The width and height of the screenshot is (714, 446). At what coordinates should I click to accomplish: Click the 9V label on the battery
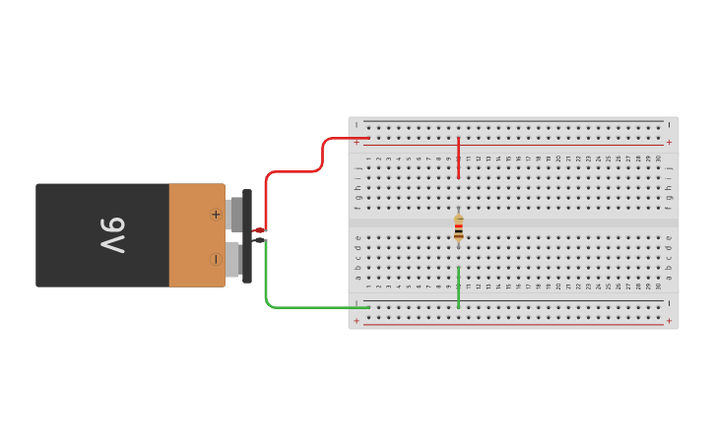click(113, 235)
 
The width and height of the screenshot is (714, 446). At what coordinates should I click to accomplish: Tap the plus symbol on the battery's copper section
click(216, 214)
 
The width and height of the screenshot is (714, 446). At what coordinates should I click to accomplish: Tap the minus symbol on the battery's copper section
click(216, 259)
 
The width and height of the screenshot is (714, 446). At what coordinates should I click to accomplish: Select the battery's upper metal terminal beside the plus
click(234, 214)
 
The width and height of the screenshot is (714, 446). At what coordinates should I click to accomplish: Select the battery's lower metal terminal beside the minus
click(234, 260)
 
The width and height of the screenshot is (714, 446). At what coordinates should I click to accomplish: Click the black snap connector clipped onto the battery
click(247, 236)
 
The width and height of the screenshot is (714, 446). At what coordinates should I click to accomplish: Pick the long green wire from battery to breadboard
click(295, 307)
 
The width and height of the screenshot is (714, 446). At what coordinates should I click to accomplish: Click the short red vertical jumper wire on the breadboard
click(458, 158)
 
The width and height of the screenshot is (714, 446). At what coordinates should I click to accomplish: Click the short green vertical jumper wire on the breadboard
click(458, 287)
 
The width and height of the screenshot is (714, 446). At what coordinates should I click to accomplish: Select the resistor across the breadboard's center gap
click(458, 227)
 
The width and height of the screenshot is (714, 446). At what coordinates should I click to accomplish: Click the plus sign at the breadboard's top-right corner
click(669, 142)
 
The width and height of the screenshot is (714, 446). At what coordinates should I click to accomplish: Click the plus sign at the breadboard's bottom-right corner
click(669, 321)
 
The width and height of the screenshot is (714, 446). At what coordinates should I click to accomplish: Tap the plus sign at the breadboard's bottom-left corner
click(357, 321)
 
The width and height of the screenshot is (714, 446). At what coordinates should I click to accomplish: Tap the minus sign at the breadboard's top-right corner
click(669, 124)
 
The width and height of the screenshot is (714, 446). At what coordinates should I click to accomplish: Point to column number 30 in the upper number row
click(659, 158)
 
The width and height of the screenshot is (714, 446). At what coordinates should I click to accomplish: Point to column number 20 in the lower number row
click(558, 287)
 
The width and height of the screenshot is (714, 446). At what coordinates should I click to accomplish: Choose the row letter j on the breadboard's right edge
click(669, 168)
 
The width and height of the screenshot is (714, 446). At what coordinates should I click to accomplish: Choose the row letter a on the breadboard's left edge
click(357, 277)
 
